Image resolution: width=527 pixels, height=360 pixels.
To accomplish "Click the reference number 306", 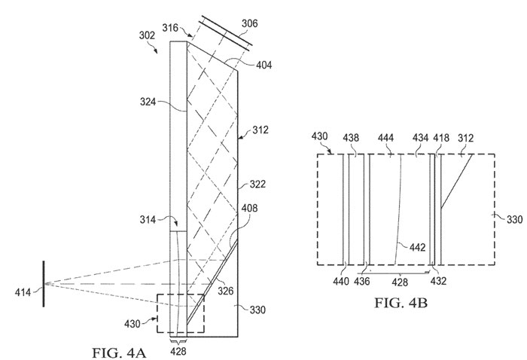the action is point(250,23).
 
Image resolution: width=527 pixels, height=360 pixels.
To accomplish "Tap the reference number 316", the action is point(170,28).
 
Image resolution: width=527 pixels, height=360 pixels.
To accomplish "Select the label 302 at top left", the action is point(147,35).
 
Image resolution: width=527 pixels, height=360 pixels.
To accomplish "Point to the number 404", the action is point(263,65).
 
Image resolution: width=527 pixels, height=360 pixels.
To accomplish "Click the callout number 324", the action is point(148,101).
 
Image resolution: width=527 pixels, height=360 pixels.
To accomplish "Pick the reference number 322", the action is point(257,184).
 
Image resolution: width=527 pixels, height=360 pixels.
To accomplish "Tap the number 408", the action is point(249,208).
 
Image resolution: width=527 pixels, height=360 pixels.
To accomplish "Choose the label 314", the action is point(148,220).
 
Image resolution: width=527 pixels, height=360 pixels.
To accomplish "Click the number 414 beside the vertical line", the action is point(23,292).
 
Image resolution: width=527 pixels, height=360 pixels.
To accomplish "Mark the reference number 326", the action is point(225,291).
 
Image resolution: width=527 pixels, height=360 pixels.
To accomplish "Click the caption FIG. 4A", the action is point(119,352).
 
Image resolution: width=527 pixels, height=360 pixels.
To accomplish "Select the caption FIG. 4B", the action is point(401,303).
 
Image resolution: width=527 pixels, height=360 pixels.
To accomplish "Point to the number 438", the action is point(352,138).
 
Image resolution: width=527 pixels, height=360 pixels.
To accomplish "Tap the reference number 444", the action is point(385,138).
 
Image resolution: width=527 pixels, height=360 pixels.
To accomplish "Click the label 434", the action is point(420,138).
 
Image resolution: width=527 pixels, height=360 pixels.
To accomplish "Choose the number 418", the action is point(441,138).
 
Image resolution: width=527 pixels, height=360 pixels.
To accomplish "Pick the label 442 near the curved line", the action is point(417,247).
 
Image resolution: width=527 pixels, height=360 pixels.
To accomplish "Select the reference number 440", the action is point(341,281).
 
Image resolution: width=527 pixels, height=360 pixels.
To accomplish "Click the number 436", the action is point(362,281).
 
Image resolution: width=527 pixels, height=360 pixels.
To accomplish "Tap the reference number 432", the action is point(438,281).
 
